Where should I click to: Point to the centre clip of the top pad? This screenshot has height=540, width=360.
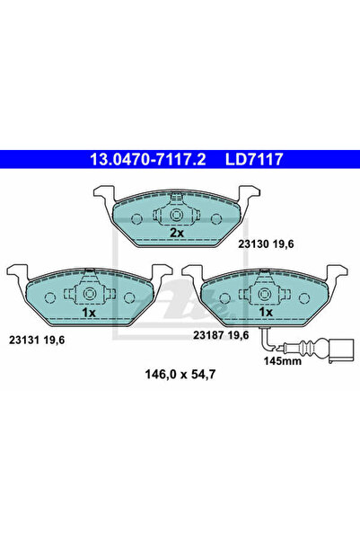click(x=177, y=217)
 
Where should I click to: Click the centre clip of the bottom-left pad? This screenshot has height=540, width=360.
click(x=90, y=296)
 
